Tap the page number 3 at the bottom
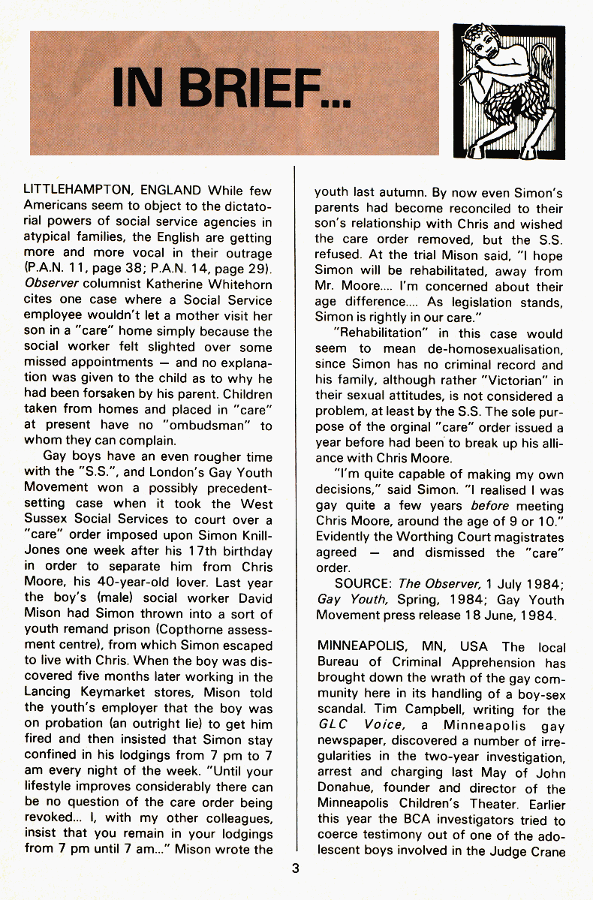pyautogui.click(x=296, y=869)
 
